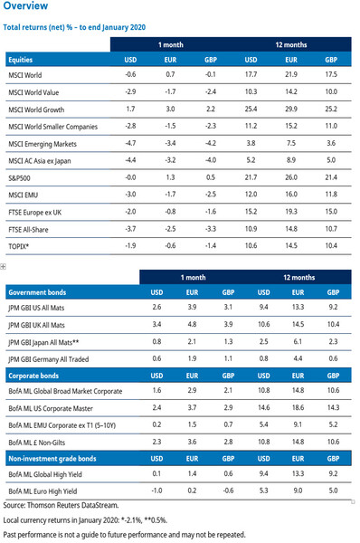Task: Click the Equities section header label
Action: tap(21, 59)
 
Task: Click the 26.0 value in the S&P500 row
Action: tap(292, 177)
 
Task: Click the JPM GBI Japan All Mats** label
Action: tap(54, 340)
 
